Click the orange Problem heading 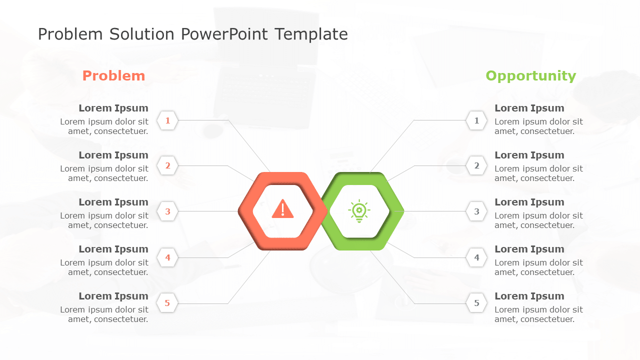(x=113, y=76)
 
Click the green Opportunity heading (x=530, y=76)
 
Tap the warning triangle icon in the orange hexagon (x=283, y=209)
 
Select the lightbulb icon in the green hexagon (x=359, y=211)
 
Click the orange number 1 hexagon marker (x=167, y=120)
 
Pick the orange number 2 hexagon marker (x=167, y=166)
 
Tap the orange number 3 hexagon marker (x=167, y=211)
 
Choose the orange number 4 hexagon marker (x=167, y=257)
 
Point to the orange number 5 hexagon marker (x=167, y=303)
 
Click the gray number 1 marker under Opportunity (x=476, y=120)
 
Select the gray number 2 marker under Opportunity (x=476, y=166)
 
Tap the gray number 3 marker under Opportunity (x=476, y=211)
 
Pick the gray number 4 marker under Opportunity (x=476, y=257)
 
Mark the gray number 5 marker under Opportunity (x=476, y=303)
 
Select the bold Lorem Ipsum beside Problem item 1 (x=113, y=108)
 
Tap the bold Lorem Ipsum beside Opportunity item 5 (x=529, y=296)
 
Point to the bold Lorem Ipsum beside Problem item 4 (x=113, y=249)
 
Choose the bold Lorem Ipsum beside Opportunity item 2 (x=529, y=155)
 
